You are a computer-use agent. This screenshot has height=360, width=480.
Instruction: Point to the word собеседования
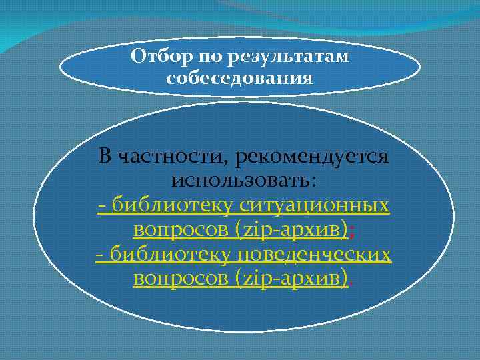(x=240, y=79)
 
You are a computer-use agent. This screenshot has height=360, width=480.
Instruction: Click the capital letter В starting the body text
(x=105, y=157)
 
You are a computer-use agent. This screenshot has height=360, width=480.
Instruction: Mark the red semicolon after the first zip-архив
(x=351, y=231)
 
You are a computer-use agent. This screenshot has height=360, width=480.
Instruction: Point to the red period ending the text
(x=351, y=283)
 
